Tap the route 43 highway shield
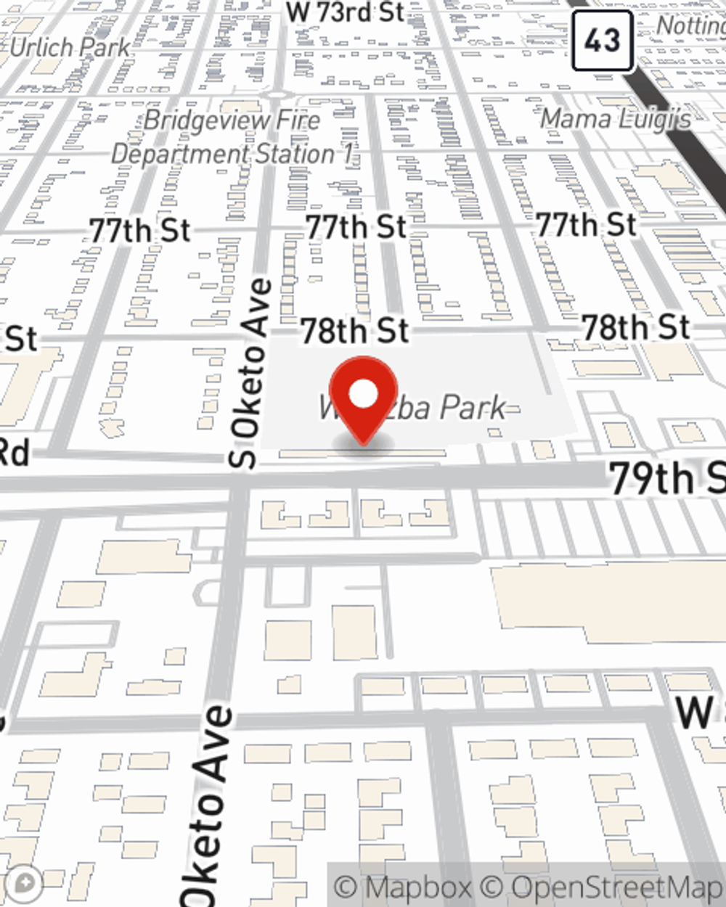point(603,41)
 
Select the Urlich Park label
point(70,49)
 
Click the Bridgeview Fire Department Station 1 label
point(232,136)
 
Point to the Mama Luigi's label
point(616,118)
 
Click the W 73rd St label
point(345,12)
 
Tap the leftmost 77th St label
point(140,231)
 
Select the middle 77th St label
point(356,227)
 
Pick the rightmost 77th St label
point(586,224)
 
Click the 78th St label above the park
point(355,331)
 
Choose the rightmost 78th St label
point(636,327)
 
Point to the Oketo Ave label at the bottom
point(208,805)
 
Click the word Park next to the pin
point(473,408)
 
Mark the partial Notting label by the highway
point(690,25)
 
